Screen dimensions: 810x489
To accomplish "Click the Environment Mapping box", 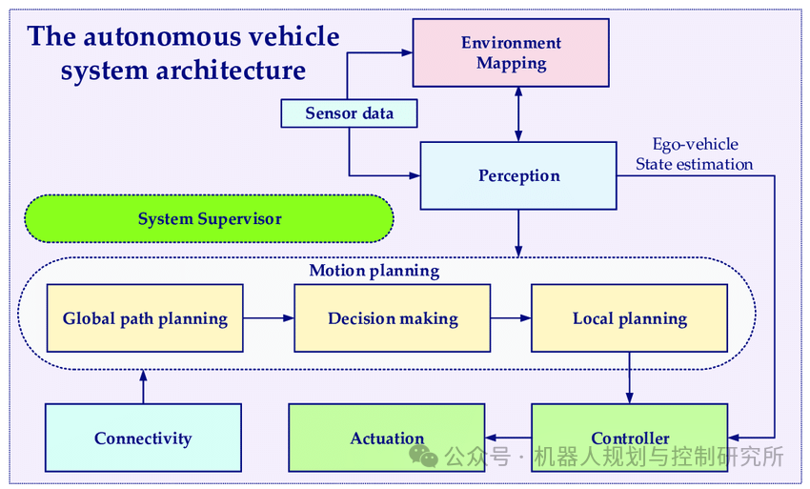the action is click(511, 52).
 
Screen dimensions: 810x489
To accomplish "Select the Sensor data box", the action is click(349, 113).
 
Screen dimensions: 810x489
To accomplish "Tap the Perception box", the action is click(518, 175).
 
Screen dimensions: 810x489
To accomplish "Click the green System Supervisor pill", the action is click(210, 218).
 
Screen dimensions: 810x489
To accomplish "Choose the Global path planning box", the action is click(145, 318).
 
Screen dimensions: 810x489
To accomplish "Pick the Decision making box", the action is click(393, 318).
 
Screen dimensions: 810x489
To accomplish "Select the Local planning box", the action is click(630, 318).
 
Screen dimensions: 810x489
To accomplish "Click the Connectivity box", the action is click(143, 438).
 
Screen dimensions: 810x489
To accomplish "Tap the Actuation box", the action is click(387, 438).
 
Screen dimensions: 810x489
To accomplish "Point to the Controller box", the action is click(630, 438).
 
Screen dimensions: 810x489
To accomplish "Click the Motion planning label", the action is click(374, 271).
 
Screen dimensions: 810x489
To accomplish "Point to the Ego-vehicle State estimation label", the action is click(695, 154).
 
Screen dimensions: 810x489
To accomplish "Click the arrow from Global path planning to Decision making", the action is click(269, 318).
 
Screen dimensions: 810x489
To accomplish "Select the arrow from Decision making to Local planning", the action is click(511, 318).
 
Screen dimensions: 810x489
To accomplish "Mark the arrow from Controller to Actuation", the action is click(508, 438).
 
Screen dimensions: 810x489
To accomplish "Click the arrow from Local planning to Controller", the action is click(629, 377).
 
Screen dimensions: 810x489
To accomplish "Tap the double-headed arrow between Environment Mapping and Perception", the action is click(518, 114).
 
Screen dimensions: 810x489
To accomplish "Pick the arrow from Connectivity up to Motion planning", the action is click(143, 387).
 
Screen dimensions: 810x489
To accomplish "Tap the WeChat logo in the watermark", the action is click(424, 456).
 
